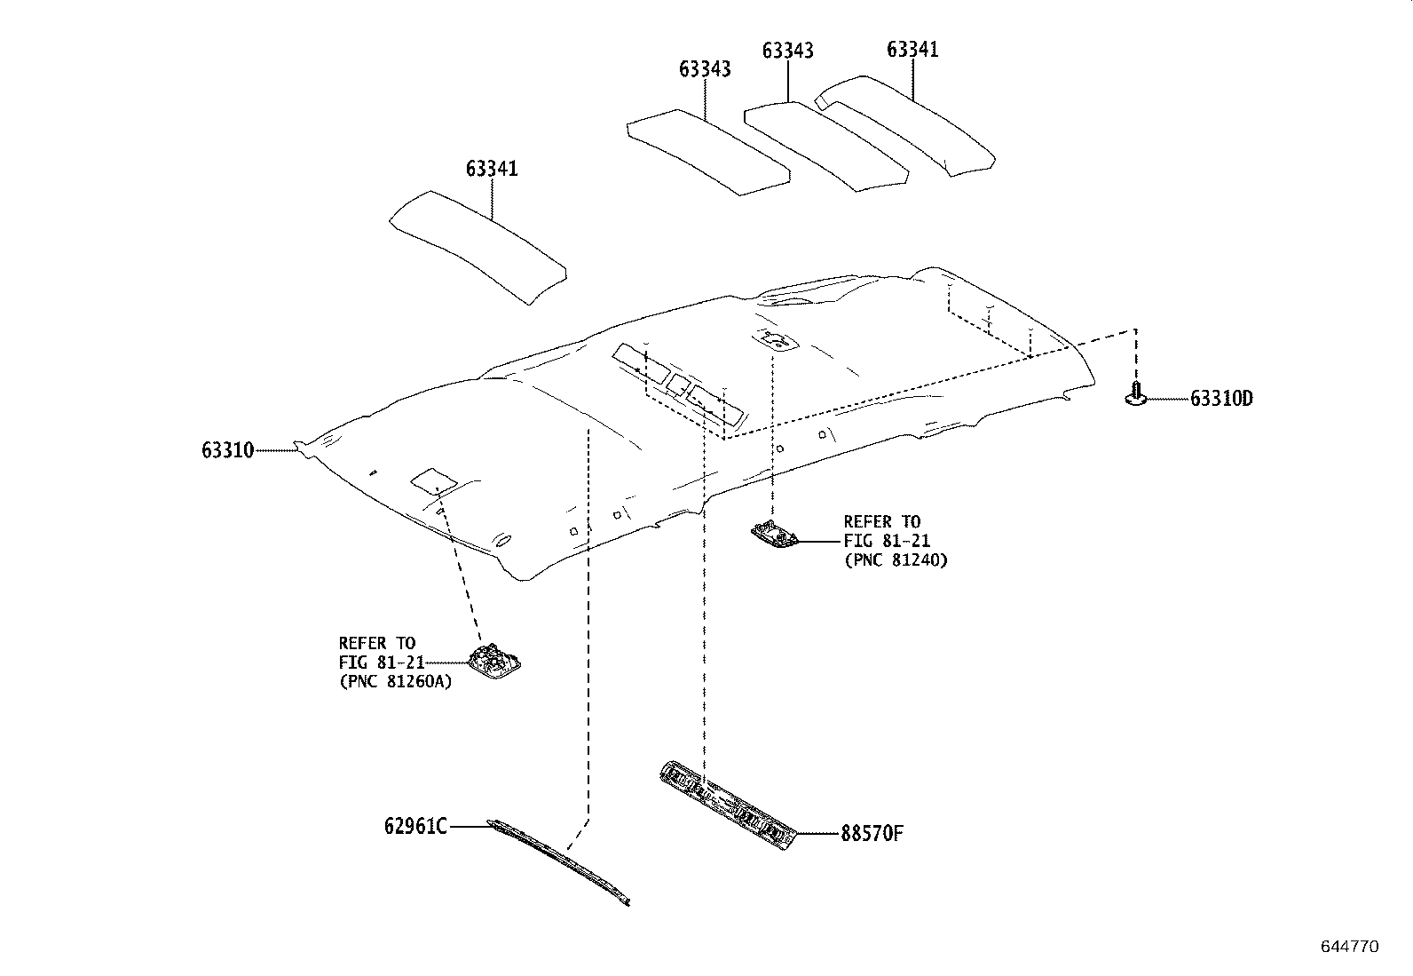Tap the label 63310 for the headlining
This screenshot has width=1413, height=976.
pyautogui.click(x=228, y=450)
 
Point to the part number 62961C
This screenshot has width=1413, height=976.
pyautogui.click(x=415, y=826)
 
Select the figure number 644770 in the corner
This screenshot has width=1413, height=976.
pyautogui.click(x=1350, y=947)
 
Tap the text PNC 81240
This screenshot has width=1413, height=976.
pyautogui.click(x=896, y=560)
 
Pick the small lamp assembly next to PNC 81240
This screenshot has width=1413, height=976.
pyautogui.click(x=774, y=536)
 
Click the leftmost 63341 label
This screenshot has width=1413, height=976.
pyautogui.click(x=492, y=169)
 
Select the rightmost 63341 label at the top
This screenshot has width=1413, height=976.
pyautogui.click(x=912, y=50)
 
